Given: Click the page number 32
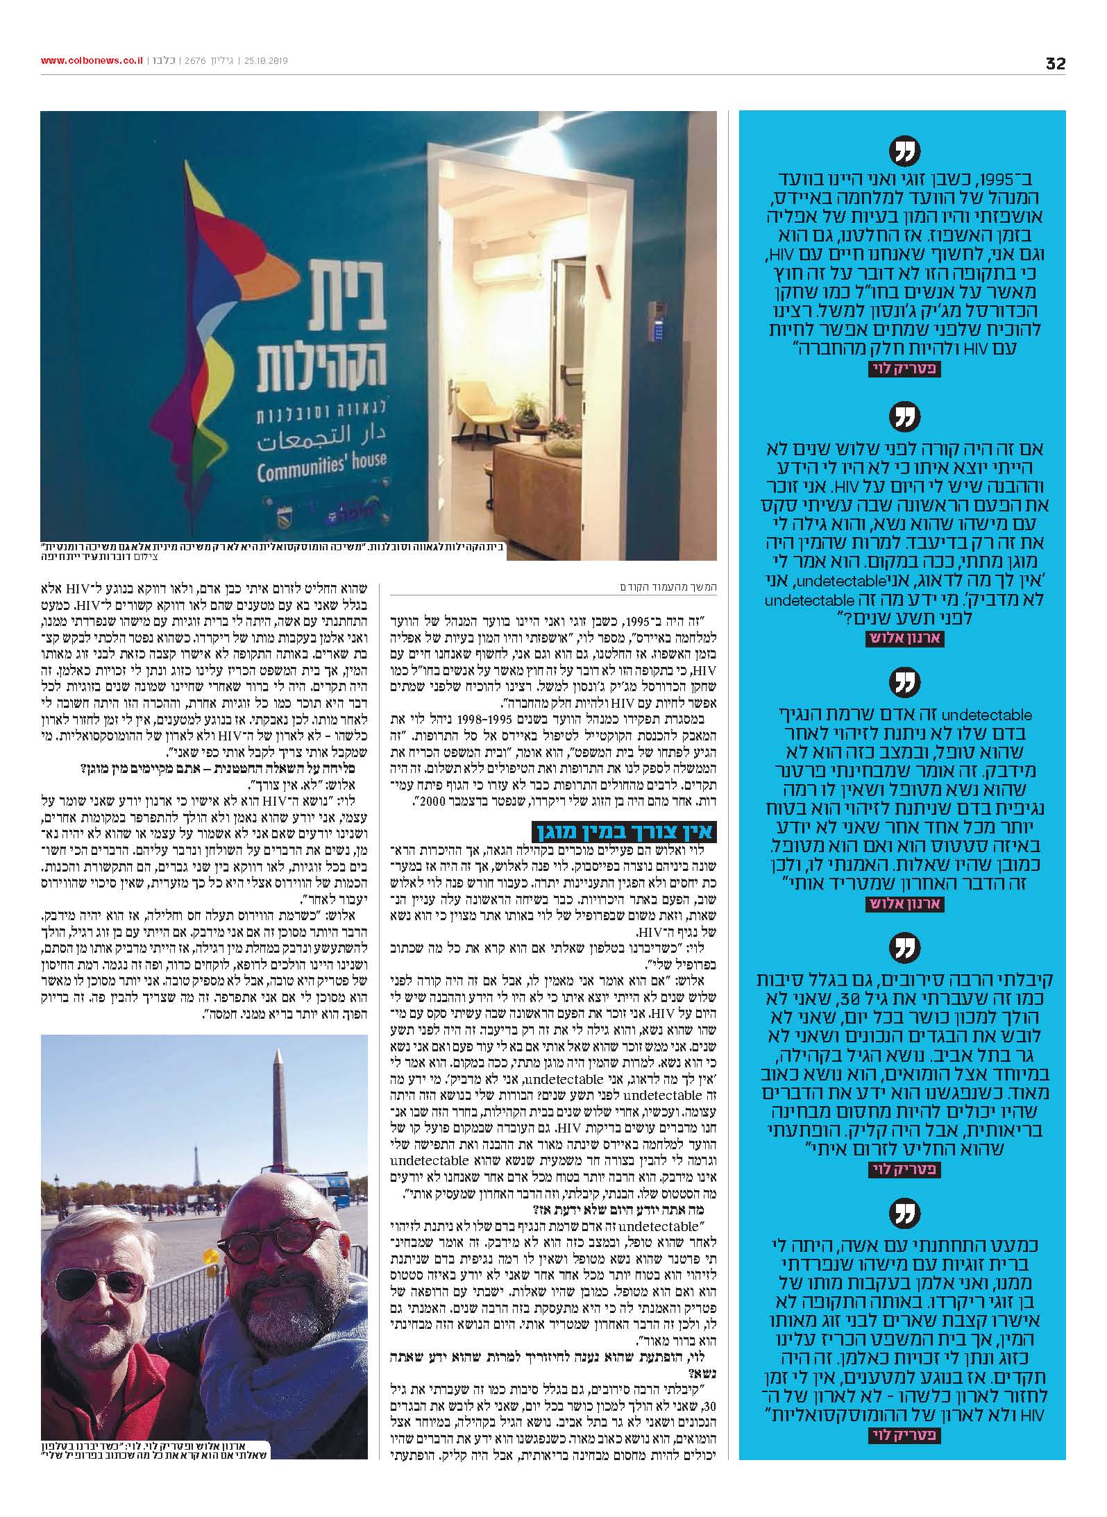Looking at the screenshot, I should [1055, 63].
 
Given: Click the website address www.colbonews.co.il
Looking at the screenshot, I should [91, 61].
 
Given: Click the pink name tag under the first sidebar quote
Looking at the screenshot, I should [903, 370].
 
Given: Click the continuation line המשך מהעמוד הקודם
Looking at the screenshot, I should [668, 588].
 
